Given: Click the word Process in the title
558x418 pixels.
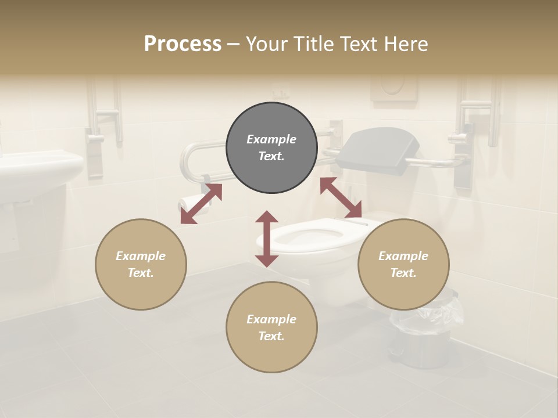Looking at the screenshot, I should tap(183, 44).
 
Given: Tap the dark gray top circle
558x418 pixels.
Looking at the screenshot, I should tap(271, 148).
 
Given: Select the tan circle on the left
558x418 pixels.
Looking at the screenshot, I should tap(141, 264).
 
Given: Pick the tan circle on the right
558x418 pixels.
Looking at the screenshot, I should tap(403, 264).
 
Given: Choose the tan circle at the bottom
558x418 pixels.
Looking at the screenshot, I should tap(271, 327).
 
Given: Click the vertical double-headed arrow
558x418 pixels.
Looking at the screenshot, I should tap(267, 239).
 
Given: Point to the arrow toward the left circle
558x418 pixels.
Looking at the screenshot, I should tap(201, 204).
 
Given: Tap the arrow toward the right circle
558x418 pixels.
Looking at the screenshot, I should tap(341, 198).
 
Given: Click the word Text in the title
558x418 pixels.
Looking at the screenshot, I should tap(359, 44).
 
